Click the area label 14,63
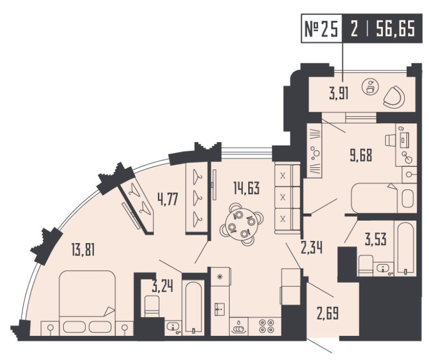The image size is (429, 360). tap(247, 188)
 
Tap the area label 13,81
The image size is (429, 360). tap(83, 250)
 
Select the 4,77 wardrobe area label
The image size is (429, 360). tap(168, 199)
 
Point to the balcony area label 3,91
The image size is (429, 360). tap(339, 94)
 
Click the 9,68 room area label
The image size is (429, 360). tap(361, 156)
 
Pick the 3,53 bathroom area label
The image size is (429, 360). tap(376, 239)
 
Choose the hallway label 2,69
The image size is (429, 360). tap(328, 313)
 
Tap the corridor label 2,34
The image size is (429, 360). tap(312, 247)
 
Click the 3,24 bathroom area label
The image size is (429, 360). tap(162, 286)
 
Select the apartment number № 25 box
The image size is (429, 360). tap(321, 28)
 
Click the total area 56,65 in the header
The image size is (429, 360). tap(396, 29)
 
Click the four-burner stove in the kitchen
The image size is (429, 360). tap(266, 326)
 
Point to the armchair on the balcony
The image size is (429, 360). tap(394, 97)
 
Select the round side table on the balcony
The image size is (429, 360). tap(370, 87)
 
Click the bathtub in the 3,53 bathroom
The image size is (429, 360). tap(405, 248)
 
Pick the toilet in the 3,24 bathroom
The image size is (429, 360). tap(152, 306)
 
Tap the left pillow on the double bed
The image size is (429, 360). tap(75, 327)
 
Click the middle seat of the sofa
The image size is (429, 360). tap(283, 197)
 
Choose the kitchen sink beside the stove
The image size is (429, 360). tap(239, 327)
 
